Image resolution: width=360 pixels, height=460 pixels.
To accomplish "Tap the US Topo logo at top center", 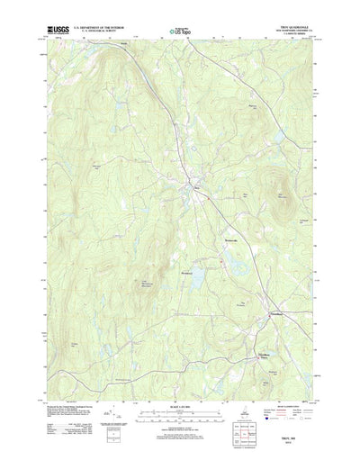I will (x=180, y=33).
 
